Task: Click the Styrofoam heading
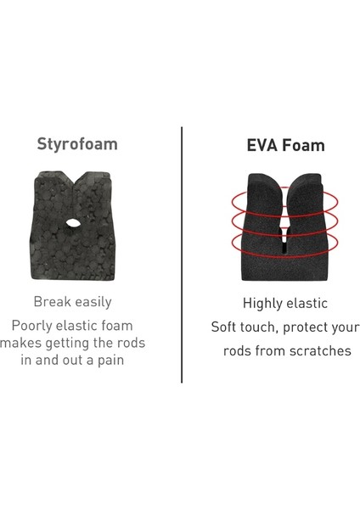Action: tap(77, 144)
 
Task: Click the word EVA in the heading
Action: tap(262, 145)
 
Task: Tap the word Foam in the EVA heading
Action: tap(303, 145)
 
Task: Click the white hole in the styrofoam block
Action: tap(73, 223)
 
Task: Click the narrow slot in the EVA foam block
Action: tap(284, 238)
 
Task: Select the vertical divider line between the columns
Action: tap(182, 255)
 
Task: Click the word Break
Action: tap(52, 301)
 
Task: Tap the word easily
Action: tap(93, 303)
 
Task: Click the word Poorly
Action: tap(32, 327)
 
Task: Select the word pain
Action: tap(110, 361)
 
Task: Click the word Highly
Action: tap(261, 304)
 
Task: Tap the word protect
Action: tap(307, 327)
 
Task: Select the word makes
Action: tap(21, 343)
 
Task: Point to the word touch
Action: tap(259, 327)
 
